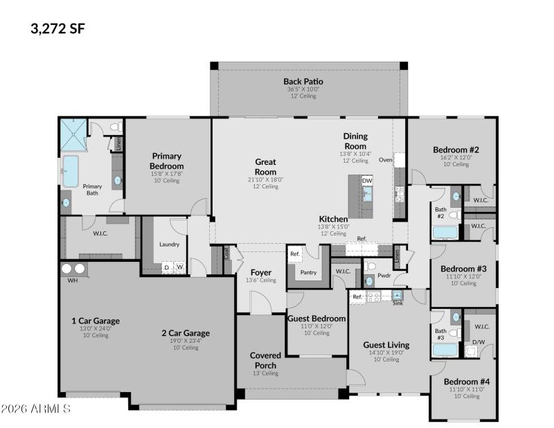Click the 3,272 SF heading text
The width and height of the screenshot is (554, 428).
coord(58,28)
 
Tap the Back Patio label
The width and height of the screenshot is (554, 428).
coord(303,81)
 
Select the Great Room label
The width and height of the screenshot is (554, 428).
coord(265,167)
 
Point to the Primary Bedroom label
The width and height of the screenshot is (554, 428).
coord(166,161)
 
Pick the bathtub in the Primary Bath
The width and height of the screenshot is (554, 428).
coord(71,171)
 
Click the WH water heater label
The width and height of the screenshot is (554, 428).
coord(73,281)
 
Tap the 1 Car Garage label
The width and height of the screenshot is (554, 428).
coord(96,321)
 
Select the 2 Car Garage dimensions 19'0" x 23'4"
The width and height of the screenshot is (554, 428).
coord(185,341)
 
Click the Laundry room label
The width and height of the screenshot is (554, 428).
coord(169,244)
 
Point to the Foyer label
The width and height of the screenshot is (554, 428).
coord(260,272)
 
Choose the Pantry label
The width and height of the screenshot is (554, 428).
coord(308,272)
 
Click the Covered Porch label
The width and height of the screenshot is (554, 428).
coord(265,360)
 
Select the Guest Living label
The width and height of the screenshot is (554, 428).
coord(386,344)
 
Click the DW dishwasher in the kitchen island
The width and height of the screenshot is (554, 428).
coord(367,181)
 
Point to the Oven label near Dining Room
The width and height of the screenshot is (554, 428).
coord(385,159)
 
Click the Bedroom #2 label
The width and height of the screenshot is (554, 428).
coord(456,150)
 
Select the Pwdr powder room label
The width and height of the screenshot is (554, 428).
coord(384,275)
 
